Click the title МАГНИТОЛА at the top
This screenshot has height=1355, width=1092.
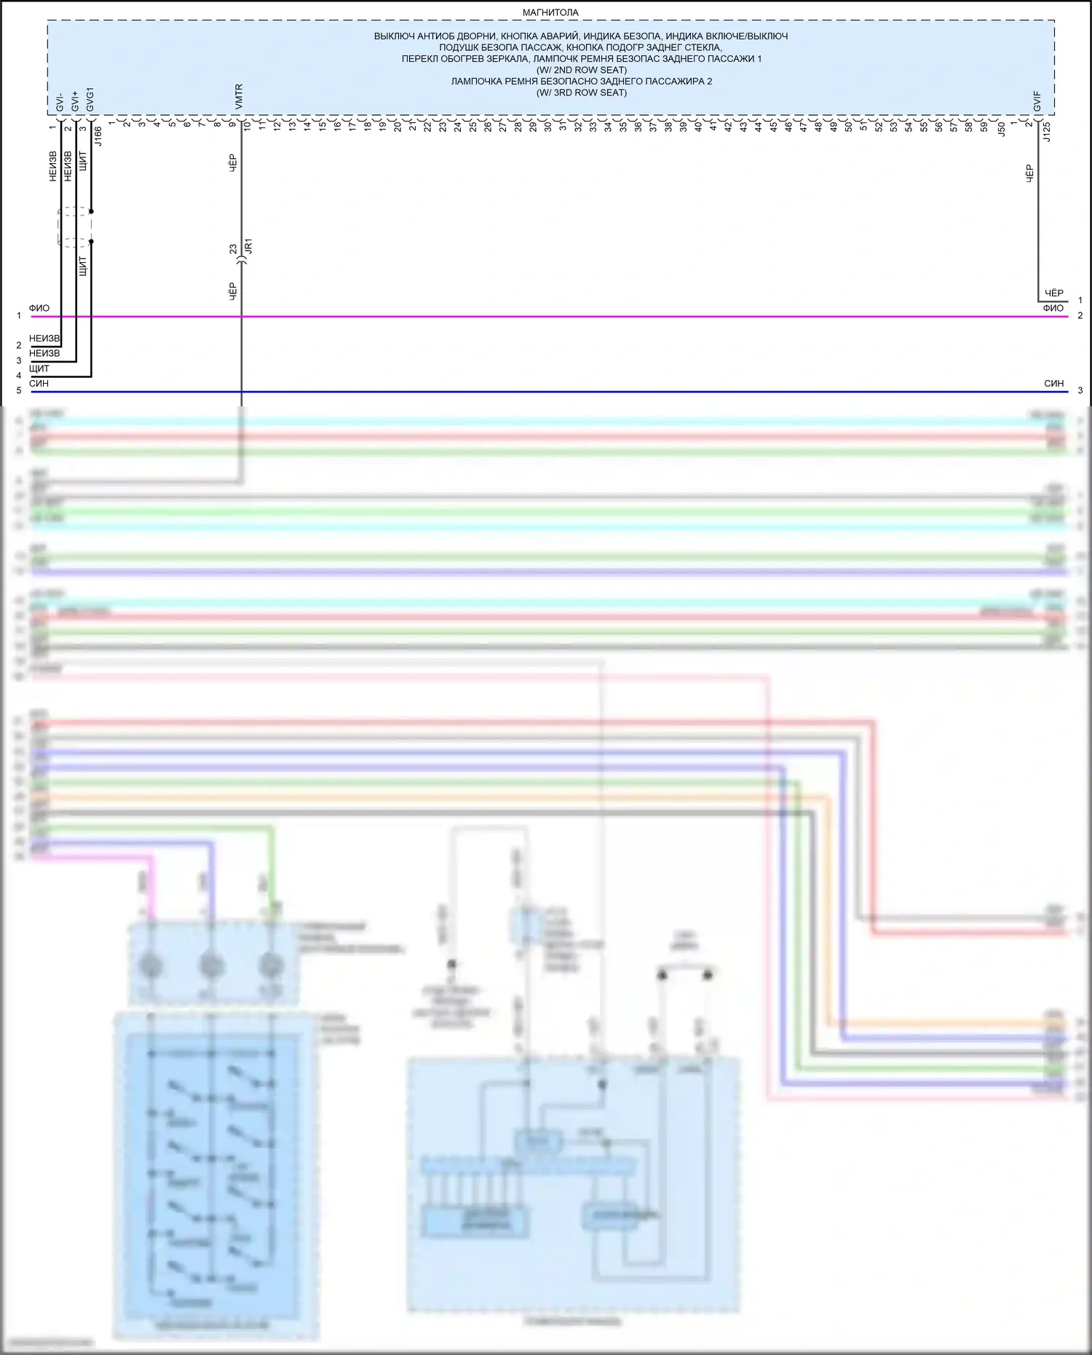550,12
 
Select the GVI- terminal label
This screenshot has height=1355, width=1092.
60,102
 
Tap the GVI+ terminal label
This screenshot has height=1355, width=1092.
75,101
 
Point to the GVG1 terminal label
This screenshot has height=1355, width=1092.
90,100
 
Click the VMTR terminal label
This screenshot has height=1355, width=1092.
239,98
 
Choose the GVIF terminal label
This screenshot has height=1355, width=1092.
1037,102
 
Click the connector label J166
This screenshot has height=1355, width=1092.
98,136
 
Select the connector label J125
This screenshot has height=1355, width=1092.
1047,132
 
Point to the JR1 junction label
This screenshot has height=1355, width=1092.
248,245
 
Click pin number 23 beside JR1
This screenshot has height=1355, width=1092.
233,249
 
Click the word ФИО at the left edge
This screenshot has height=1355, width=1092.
39,308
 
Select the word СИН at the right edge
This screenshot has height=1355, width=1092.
1053,383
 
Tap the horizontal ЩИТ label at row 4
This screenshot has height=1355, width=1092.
39,368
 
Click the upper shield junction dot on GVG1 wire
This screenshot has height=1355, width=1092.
91,211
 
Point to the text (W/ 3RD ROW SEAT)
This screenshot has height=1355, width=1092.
581,92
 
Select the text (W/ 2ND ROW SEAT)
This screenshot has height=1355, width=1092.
581,70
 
